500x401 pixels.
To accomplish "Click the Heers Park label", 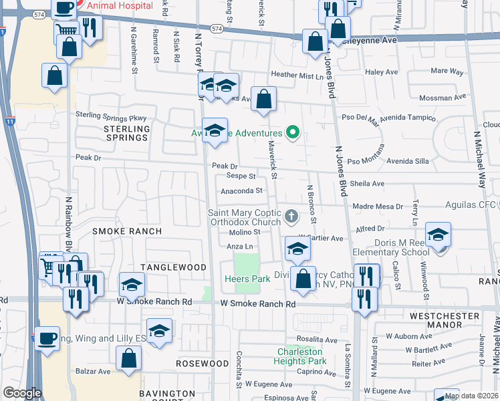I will [247, 279].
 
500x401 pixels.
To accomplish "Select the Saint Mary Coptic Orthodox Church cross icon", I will [290, 216].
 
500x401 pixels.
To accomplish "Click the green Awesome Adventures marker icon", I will [291, 133].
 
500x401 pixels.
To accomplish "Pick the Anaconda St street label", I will [241, 190].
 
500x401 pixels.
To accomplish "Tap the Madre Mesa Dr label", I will [378, 207].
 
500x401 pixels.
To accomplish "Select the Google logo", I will [22, 394].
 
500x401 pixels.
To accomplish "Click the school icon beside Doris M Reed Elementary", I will [439, 235].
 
